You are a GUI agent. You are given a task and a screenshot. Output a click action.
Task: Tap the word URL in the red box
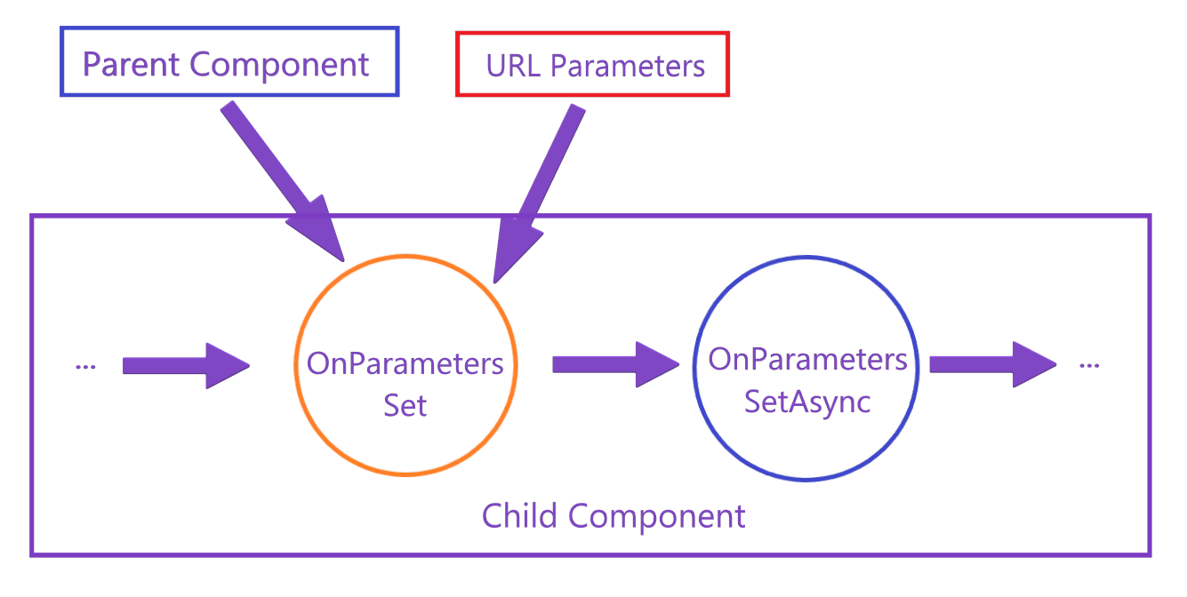tap(512, 66)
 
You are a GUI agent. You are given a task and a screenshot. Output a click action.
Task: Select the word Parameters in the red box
tap(627, 66)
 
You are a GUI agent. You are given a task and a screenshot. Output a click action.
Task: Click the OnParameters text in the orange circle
tap(405, 363)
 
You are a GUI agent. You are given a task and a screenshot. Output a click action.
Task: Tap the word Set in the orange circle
tap(405, 405)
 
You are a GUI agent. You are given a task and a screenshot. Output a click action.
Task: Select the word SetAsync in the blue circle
tap(807, 402)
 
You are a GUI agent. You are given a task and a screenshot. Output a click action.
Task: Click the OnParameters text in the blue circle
tap(807, 360)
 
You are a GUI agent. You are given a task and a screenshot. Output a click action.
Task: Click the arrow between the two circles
tap(614, 364)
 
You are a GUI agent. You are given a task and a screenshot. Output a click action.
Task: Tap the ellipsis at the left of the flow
tap(86, 365)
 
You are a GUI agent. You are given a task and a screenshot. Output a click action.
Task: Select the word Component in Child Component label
tap(657, 515)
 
